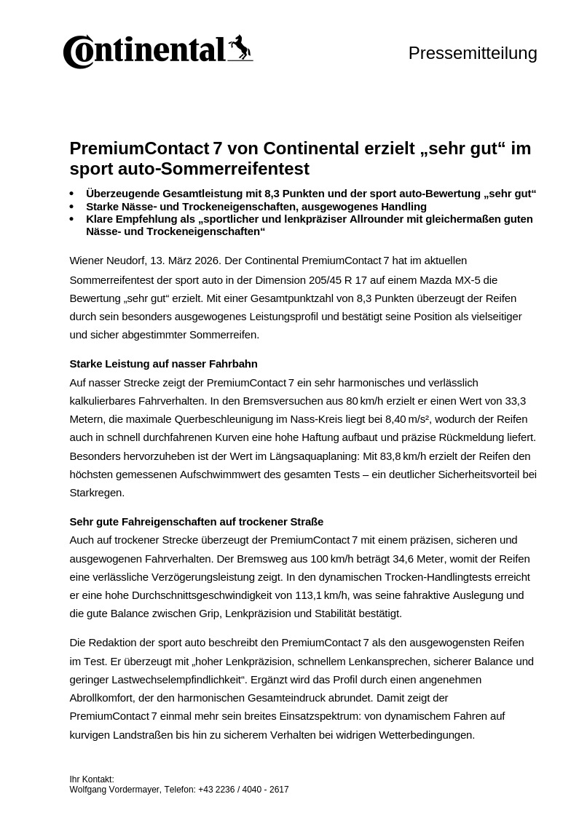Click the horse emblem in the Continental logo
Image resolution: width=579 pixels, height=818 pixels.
click(240, 48)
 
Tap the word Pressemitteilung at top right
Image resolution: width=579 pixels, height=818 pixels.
click(473, 53)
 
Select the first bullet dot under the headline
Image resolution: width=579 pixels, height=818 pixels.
click(71, 194)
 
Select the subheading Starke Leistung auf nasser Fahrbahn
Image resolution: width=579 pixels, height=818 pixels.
click(163, 364)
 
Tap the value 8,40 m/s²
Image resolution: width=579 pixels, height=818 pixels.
click(406, 419)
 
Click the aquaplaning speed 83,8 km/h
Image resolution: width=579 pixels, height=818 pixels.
click(395, 456)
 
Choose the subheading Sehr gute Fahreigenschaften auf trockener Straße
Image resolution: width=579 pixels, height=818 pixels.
click(196, 522)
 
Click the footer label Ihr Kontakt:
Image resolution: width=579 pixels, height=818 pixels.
click(92, 779)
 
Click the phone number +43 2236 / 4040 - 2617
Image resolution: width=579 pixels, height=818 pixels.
click(243, 790)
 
